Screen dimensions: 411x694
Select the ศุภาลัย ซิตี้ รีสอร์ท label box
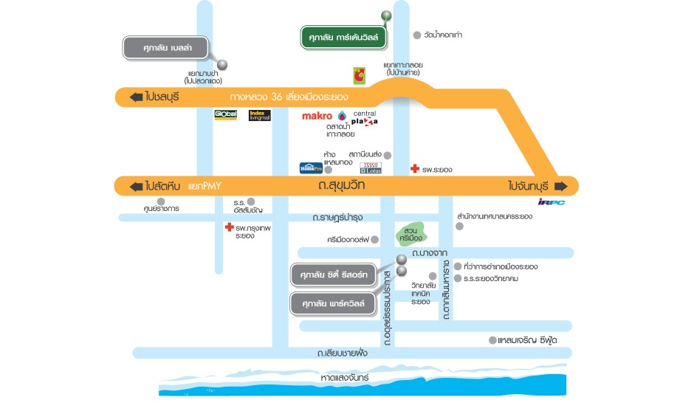point(334,275)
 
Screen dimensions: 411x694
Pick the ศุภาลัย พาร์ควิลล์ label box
point(334,303)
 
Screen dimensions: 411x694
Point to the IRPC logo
point(551,202)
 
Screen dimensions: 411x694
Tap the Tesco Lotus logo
point(371,167)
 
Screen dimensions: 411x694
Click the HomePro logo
point(310,167)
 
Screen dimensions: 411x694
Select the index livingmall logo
point(261,115)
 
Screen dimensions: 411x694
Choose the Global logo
point(225,115)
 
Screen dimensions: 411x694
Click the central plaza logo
point(365,117)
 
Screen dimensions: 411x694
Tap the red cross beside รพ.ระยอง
point(415,170)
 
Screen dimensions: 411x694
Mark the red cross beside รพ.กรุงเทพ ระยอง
point(230,228)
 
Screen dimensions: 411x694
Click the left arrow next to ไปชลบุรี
point(135,97)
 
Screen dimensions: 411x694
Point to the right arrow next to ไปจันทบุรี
point(562,185)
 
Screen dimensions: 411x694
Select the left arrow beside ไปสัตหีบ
point(135,186)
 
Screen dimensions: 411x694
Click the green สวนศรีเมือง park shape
point(410,232)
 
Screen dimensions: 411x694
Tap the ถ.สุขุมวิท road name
point(340,186)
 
